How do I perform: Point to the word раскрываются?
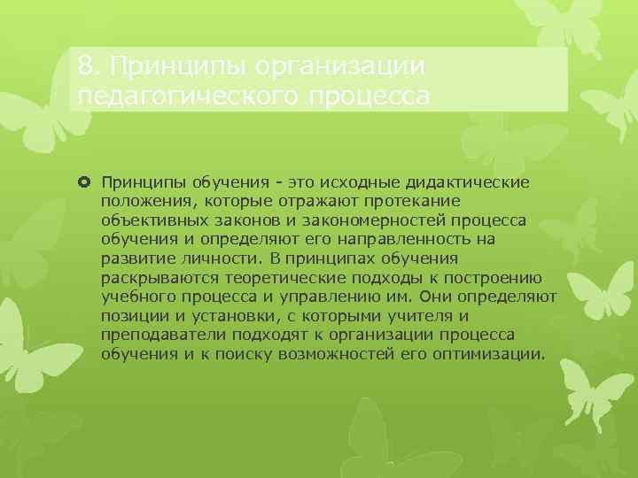click(x=148, y=277)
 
